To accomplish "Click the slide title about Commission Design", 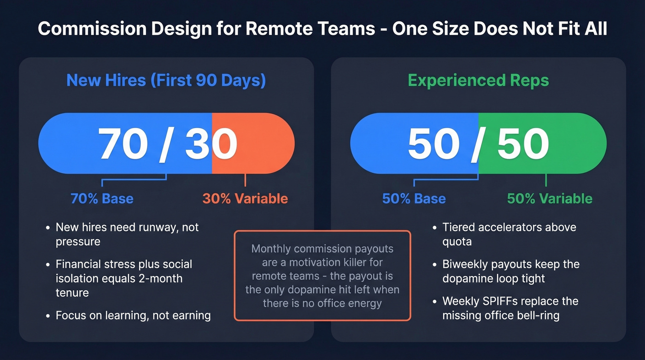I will tap(322, 29).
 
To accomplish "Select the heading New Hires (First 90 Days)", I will tap(166, 80).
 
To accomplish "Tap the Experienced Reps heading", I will tap(478, 80).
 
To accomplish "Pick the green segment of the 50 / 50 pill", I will tap(571, 143).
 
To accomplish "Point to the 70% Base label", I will tap(102, 199).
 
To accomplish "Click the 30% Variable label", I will tap(245, 199).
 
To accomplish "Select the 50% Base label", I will tap(414, 199).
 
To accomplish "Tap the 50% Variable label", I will tap(550, 199).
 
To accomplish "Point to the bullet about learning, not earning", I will tap(133, 316).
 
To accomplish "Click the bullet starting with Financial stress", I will tap(123, 278).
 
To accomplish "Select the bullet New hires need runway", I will tap(127, 234).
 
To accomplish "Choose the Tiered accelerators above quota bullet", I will tap(509, 234).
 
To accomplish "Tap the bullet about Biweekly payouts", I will tap(510, 271).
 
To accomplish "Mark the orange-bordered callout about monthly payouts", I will tap(322, 275).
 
